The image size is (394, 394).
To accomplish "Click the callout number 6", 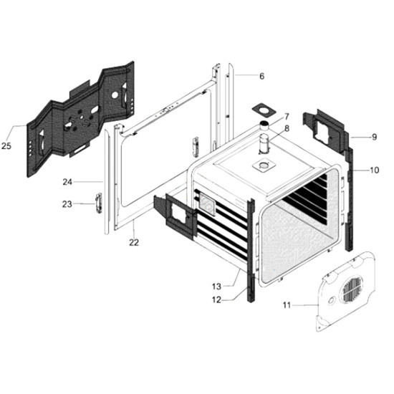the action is click(261, 76).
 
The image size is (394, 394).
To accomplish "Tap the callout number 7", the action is click(287, 117).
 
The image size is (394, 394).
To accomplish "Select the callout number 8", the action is click(287, 129).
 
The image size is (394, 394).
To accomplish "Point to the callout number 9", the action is click(374, 138).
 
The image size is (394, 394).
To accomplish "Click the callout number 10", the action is click(375, 170).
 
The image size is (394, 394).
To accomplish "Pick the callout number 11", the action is click(287, 305).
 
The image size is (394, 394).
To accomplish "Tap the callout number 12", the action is click(216, 299).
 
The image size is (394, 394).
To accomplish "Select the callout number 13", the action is click(216, 287).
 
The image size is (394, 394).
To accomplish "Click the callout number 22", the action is click(134, 242).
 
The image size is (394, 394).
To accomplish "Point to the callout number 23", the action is click(67, 204).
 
